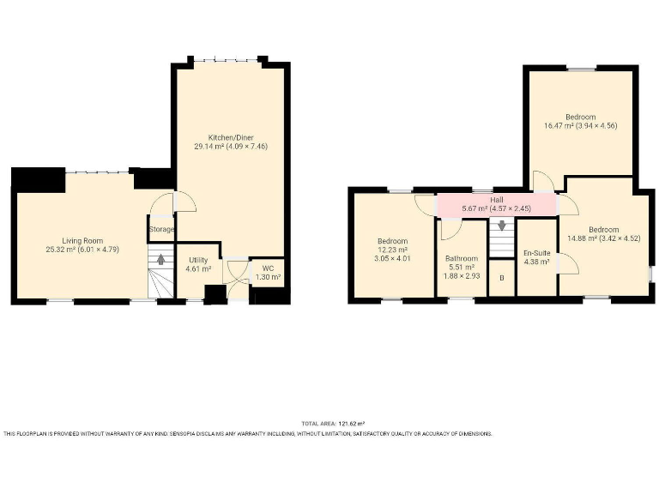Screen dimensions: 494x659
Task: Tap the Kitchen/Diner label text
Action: (x=231, y=137)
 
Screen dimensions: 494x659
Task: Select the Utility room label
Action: (x=198, y=259)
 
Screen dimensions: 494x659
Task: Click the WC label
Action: (x=269, y=268)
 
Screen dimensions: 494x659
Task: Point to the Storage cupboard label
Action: (x=161, y=229)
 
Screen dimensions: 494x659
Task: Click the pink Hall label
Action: (x=497, y=199)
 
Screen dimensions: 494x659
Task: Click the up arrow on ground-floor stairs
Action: (x=160, y=259)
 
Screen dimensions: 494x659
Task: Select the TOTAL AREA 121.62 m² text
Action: (x=333, y=424)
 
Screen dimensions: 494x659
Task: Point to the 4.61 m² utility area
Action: (x=198, y=268)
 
